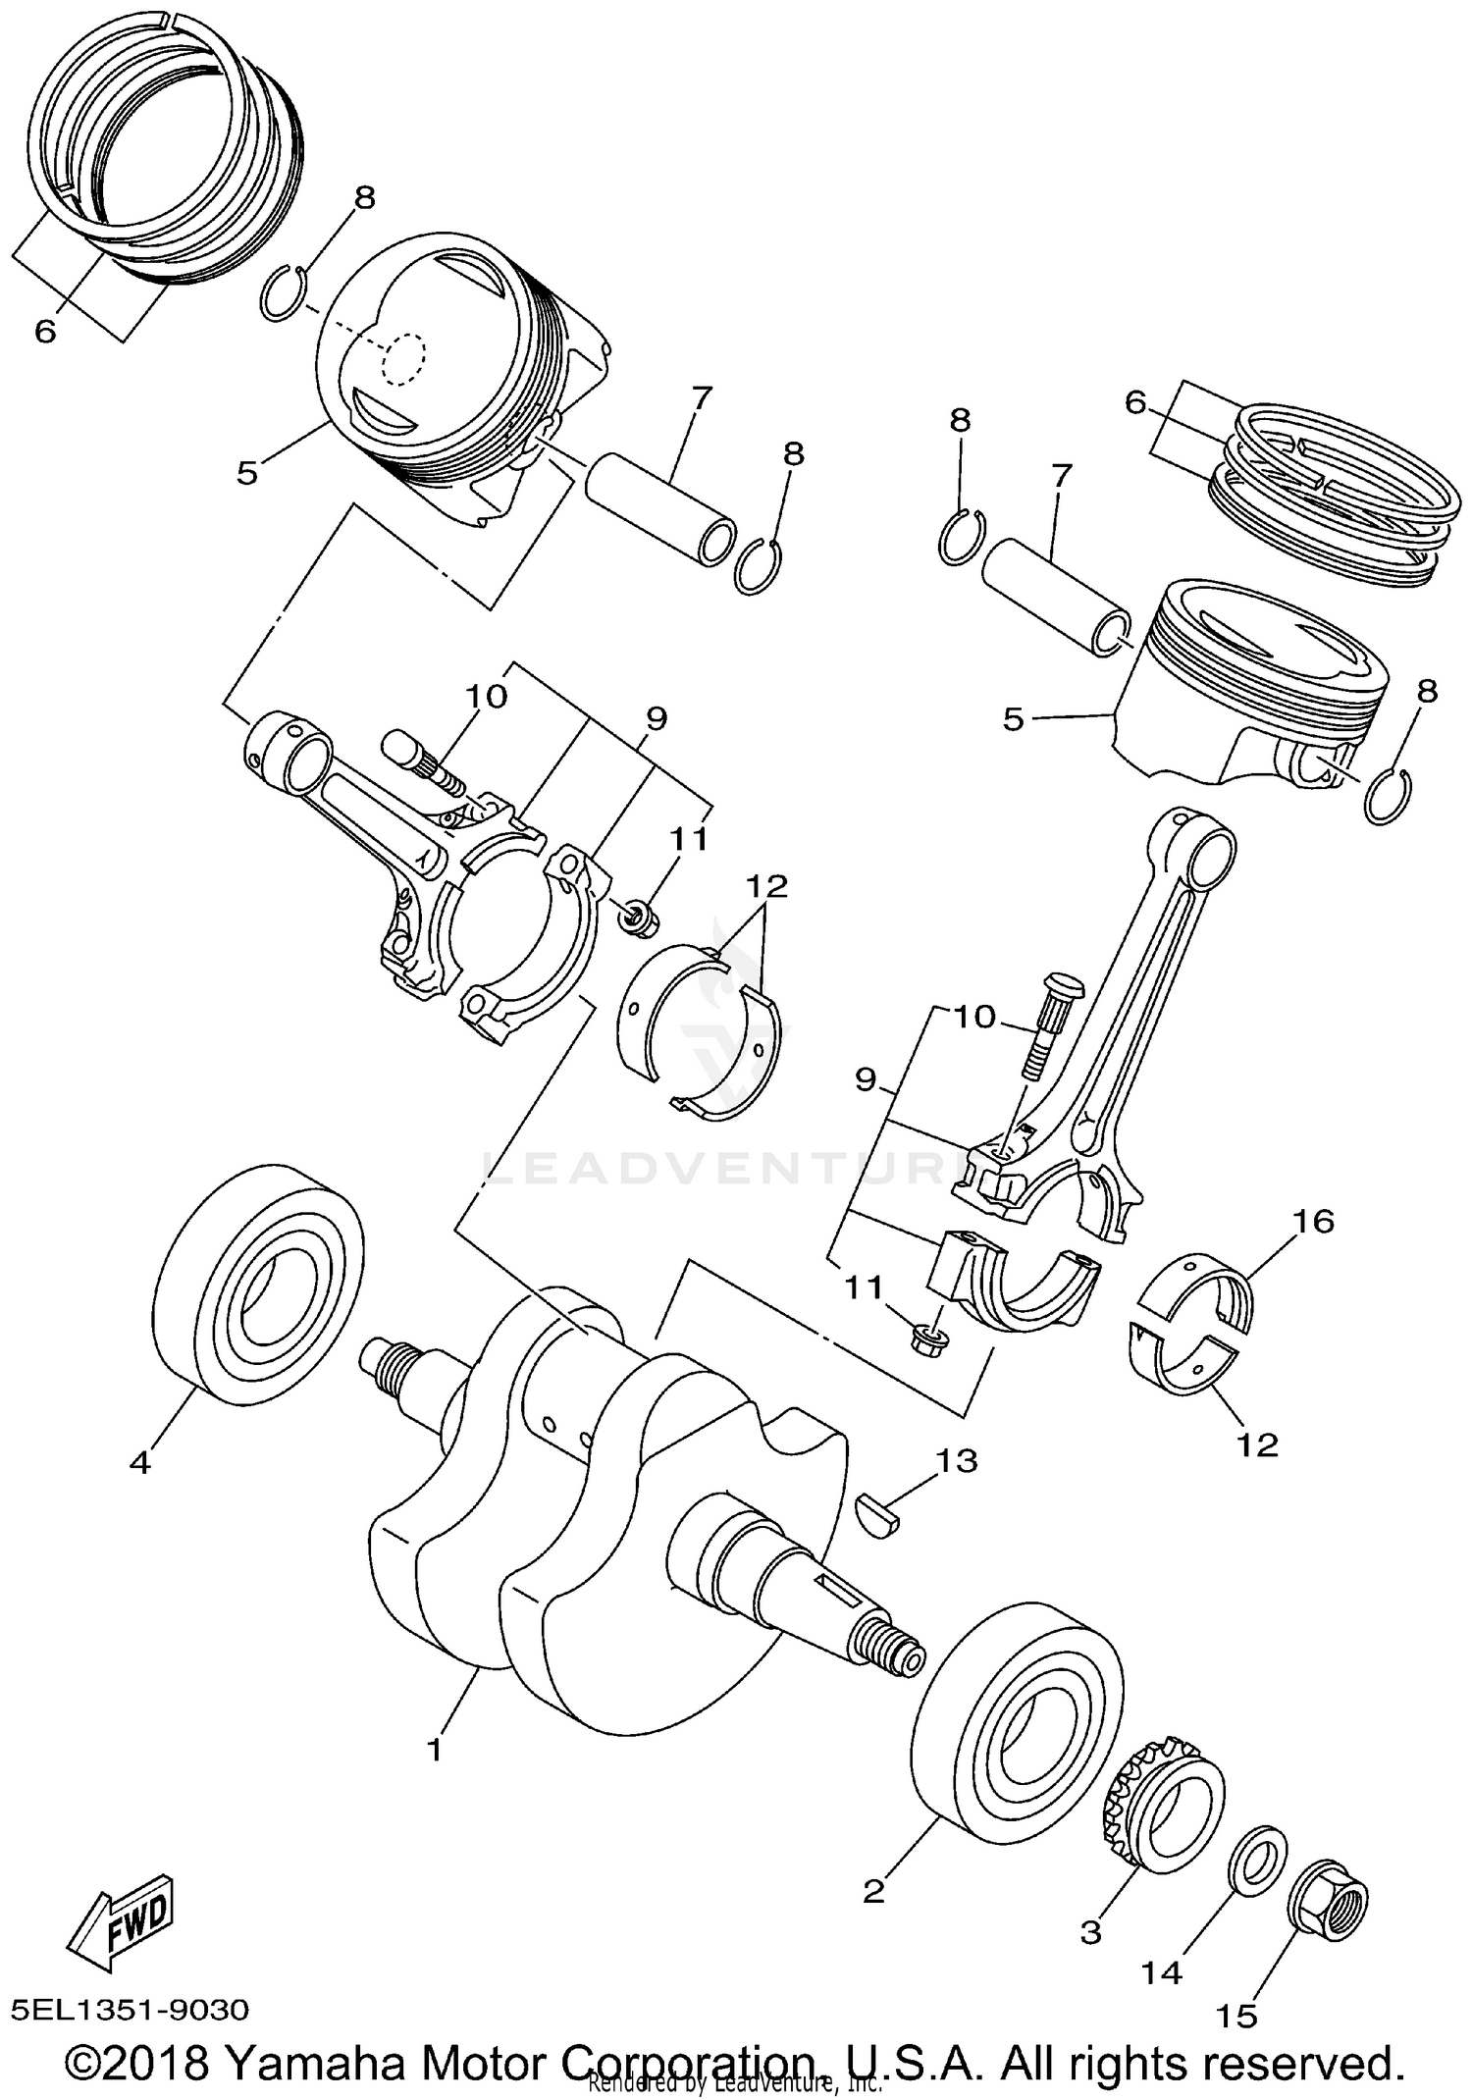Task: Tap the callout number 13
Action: point(957,1461)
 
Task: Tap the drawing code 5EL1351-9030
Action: point(131,2010)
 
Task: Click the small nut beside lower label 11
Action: point(925,1339)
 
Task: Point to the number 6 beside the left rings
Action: point(45,332)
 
